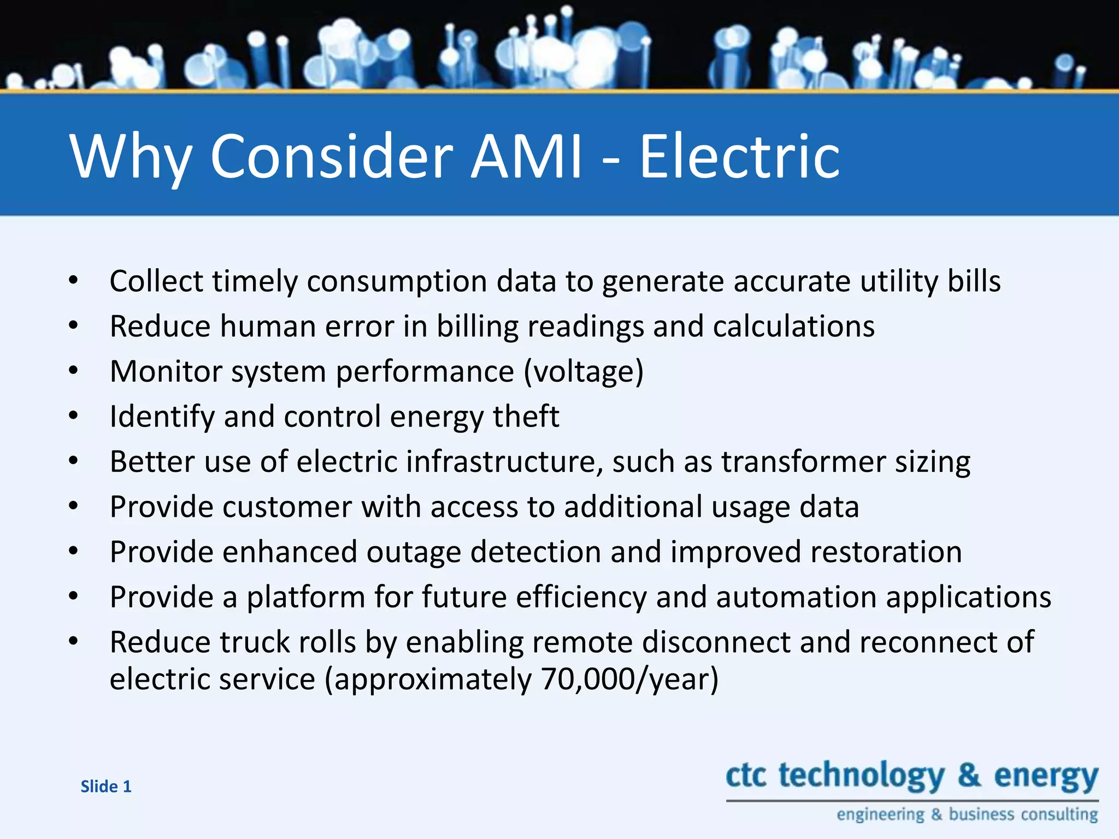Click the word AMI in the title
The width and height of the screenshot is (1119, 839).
[526, 157]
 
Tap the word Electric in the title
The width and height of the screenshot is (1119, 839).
[739, 157]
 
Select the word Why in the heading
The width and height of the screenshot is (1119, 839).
[131, 157]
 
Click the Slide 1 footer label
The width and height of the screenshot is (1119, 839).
[106, 787]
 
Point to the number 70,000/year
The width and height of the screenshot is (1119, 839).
[629, 679]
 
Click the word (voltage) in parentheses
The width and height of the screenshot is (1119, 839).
[584, 371]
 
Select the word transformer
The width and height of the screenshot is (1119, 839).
[803, 462]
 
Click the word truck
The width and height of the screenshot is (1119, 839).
[253, 642]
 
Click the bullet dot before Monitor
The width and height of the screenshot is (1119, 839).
[74, 371]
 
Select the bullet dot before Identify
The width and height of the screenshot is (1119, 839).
[74, 416]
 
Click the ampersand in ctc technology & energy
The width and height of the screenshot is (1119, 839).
[969, 776]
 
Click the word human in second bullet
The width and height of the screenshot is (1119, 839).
[268, 327]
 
